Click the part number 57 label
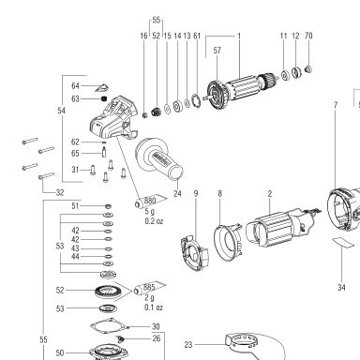[x=217, y=51]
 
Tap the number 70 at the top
[x=308, y=36]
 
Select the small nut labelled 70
[x=308, y=68]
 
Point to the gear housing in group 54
[x=113, y=118]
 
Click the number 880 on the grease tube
[x=150, y=201]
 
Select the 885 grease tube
[x=149, y=288]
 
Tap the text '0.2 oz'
[x=154, y=221]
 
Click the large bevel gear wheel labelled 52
[x=108, y=292]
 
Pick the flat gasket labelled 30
[x=110, y=327]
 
